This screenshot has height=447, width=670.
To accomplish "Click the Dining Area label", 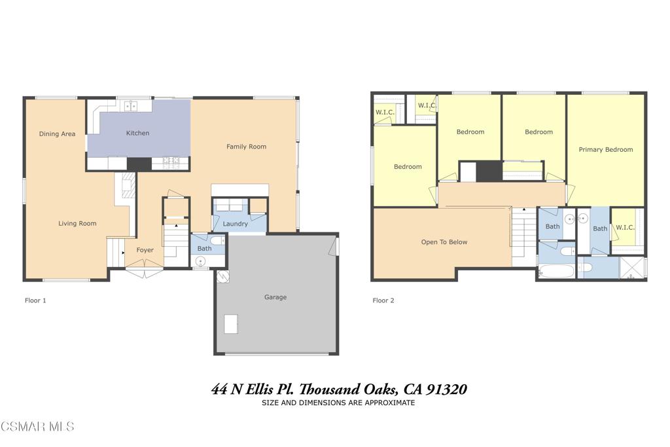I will (57, 134).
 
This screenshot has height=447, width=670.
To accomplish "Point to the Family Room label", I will (246, 147).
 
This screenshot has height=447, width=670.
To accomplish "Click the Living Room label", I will (77, 224).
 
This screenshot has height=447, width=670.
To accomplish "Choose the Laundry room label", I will (235, 224).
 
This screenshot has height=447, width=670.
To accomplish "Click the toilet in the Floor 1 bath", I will (217, 241).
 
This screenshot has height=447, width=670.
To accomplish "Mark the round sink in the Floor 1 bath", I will (201, 261).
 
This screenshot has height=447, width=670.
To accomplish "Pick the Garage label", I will (275, 297).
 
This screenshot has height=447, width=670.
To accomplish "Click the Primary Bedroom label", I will (605, 150).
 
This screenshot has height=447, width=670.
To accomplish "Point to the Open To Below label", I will (444, 242).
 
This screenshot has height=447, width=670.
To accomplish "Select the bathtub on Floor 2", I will (556, 270).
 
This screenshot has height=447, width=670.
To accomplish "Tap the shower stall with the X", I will (631, 268).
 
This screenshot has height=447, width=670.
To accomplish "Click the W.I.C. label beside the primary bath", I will (624, 228).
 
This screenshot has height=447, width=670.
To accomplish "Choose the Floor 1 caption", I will (35, 301).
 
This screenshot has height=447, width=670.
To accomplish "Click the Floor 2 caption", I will (383, 301).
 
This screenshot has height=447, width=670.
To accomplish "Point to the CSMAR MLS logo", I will (37, 427).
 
